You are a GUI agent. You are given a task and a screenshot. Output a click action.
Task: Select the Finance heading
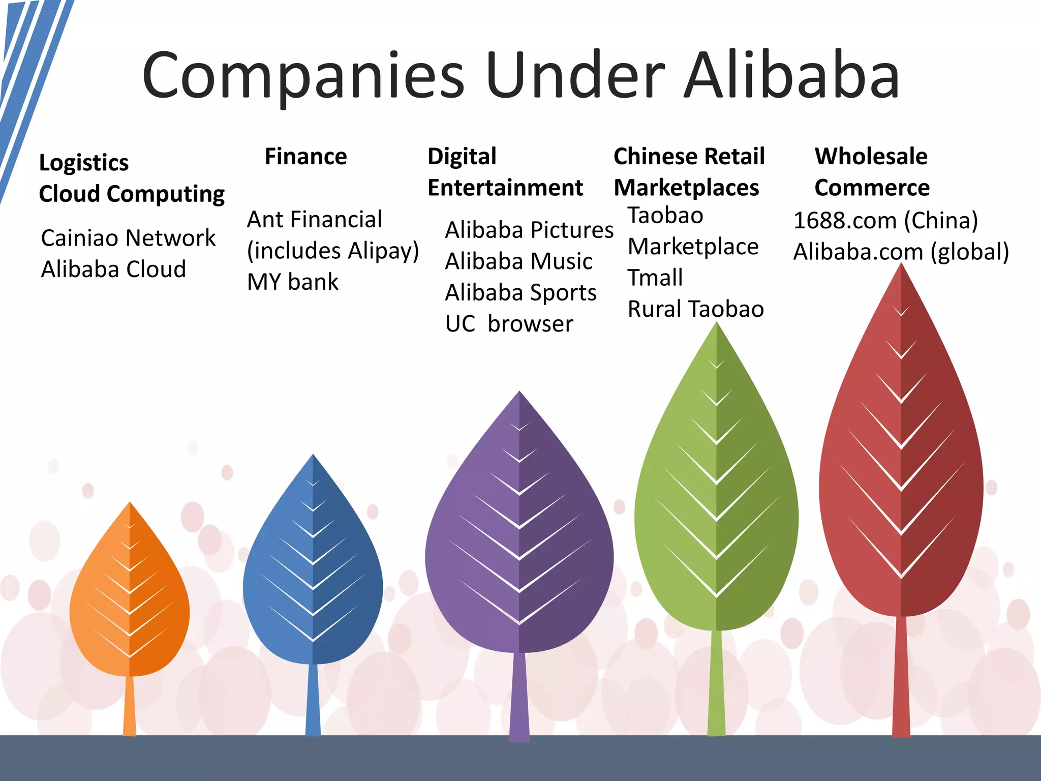(x=305, y=156)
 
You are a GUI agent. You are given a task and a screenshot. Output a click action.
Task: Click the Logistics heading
(x=84, y=163)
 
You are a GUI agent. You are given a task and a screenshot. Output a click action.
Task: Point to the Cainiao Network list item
(x=128, y=238)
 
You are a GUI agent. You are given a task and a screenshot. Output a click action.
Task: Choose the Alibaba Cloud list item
(x=113, y=269)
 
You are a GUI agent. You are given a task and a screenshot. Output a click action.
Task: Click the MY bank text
(x=292, y=282)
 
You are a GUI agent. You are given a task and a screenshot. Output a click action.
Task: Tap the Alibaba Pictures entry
(x=529, y=230)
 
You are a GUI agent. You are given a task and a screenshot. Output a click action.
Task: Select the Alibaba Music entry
(x=518, y=261)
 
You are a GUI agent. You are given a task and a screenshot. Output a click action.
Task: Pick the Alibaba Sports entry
(x=520, y=292)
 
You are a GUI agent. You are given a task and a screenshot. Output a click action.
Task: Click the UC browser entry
(x=509, y=324)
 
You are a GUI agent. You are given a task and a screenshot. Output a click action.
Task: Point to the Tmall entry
(x=655, y=278)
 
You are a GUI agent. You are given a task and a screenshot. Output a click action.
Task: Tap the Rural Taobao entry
(x=695, y=309)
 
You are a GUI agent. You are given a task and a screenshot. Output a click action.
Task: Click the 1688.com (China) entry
(x=885, y=220)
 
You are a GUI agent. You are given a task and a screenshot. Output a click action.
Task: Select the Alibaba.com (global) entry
(x=901, y=252)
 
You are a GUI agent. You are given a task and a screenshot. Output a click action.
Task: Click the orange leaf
(x=130, y=600)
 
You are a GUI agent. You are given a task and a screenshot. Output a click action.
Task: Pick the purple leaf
(x=519, y=539)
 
